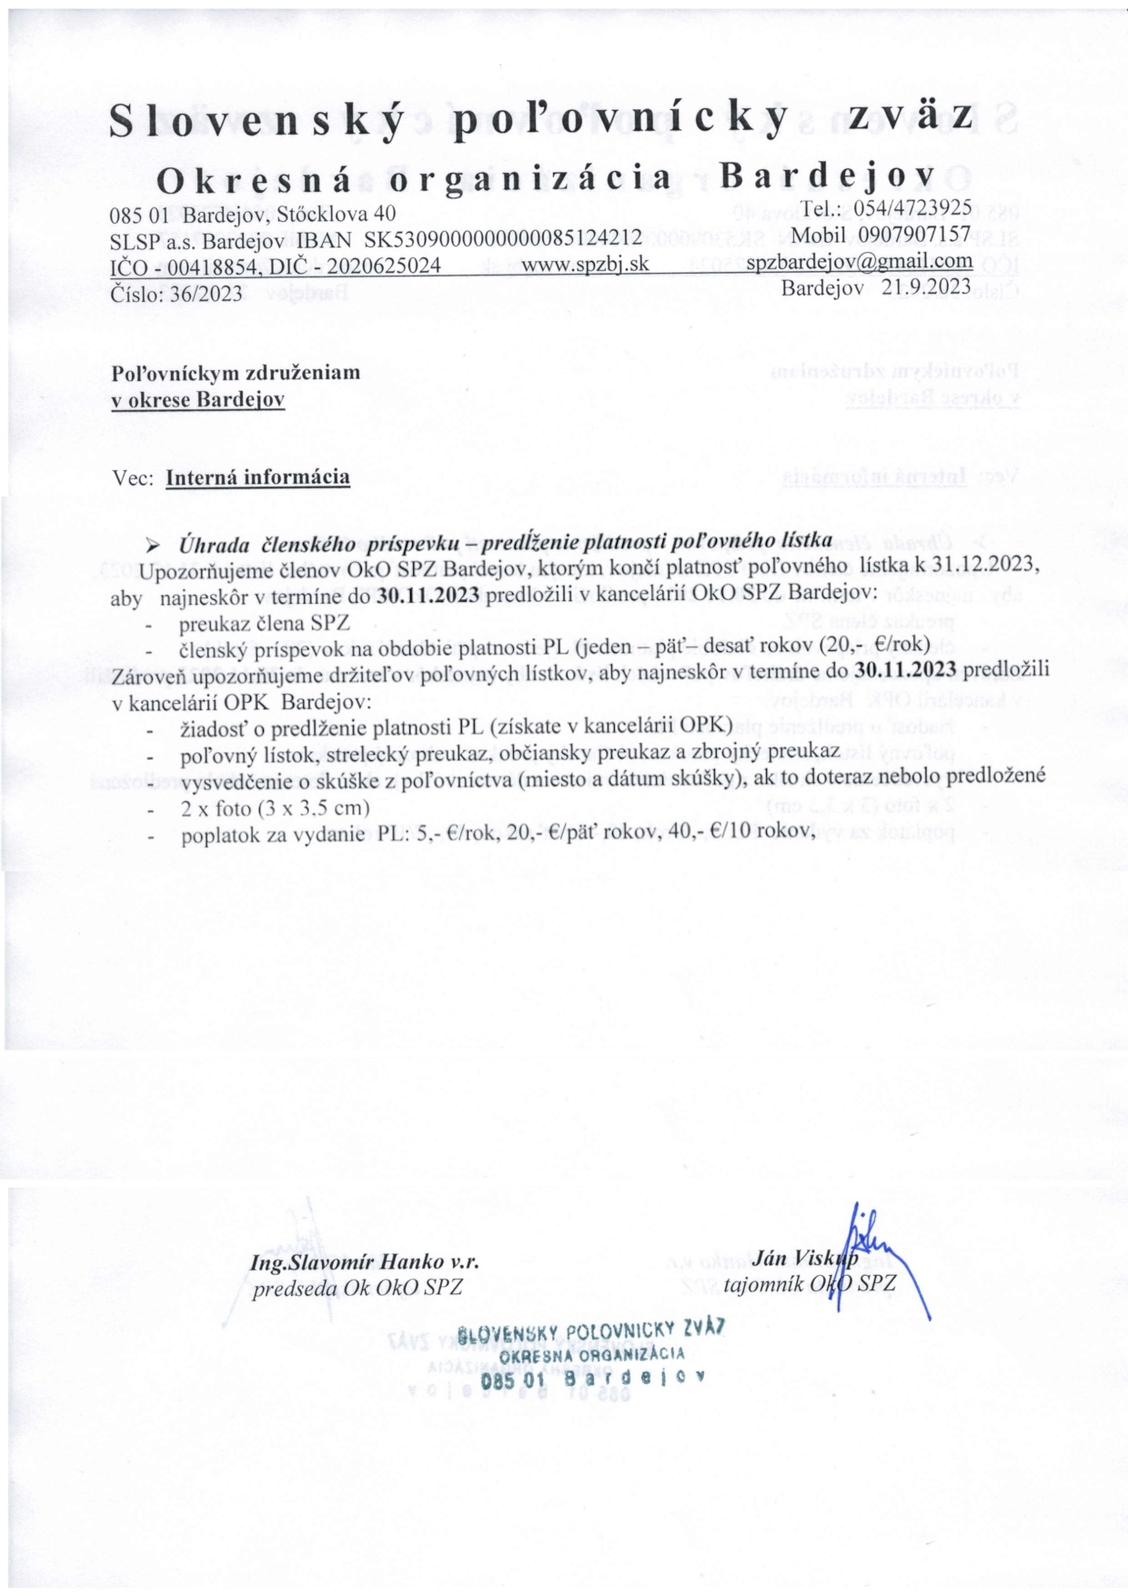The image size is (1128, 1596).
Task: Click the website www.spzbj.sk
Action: click(x=585, y=265)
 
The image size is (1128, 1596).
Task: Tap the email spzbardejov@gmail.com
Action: click(x=859, y=262)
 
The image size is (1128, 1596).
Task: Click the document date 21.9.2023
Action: click(x=927, y=287)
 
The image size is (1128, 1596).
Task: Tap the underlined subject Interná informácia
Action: click(x=258, y=477)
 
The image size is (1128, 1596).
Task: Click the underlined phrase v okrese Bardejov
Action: click(x=197, y=399)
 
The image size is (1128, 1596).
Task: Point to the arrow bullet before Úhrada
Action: click(x=154, y=546)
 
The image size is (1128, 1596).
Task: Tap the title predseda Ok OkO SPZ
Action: click(x=358, y=1288)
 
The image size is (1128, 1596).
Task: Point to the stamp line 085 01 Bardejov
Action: click(x=594, y=1380)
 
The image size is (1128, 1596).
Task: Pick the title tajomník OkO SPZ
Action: click(x=810, y=1284)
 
